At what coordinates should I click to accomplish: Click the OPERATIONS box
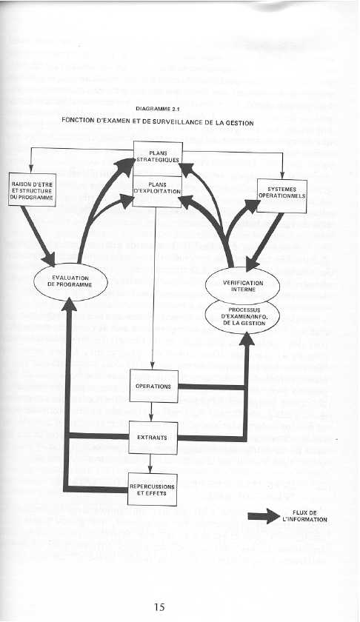coord(154,387)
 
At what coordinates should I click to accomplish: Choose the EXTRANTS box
coord(152,438)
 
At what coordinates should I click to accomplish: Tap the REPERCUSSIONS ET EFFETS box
coord(151,489)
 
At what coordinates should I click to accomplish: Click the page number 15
coord(159,607)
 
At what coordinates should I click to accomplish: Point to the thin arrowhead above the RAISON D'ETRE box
coord(30,170)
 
